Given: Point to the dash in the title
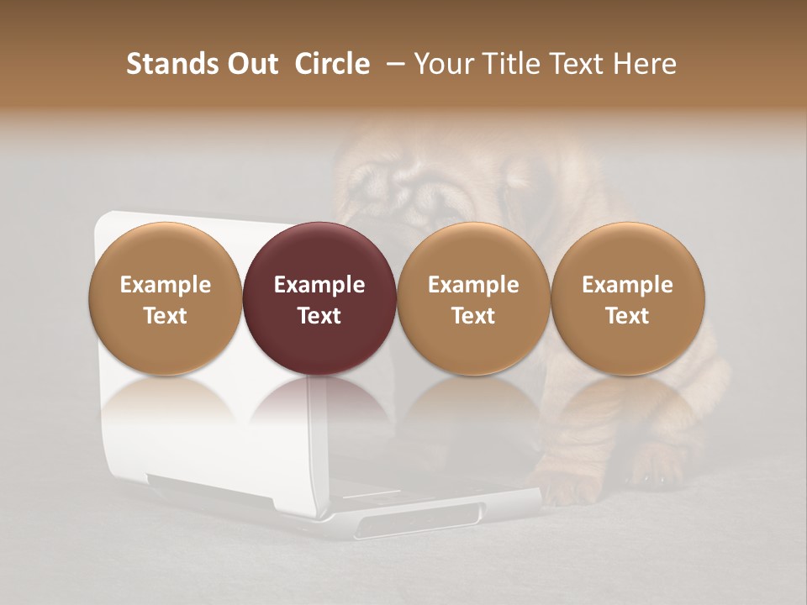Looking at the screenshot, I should coord(392,64).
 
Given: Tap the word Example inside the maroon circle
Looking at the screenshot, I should coord(319,285).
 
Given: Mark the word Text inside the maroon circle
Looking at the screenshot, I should coord(319,316).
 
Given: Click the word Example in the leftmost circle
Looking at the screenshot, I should coord(165,285).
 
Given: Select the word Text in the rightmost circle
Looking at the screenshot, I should coord(628,316).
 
